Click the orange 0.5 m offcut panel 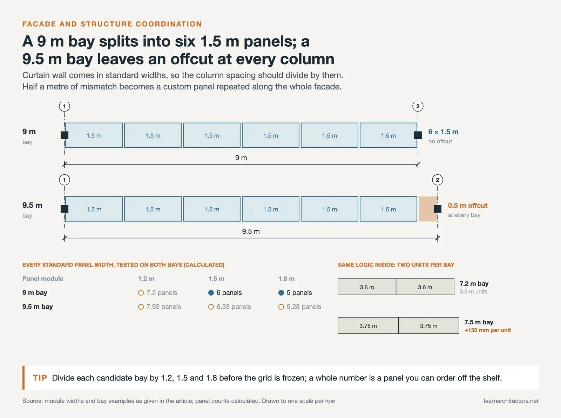(x=427, y=209)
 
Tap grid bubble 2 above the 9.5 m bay (x=437, y=180)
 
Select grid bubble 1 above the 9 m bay (x=65, y=106)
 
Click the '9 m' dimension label (x=241, y=158)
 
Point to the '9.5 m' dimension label (x=251, y=231)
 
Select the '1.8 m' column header (x=286, y=278)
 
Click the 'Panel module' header (x=43, y=278)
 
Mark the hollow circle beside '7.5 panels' (x=141, y=293)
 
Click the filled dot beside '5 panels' (x=281, y=293)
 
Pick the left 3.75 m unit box (x=368, y=325)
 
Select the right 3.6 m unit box (x=425, y=287)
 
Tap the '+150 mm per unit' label (x=488, y=330)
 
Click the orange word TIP (x=40, y=378)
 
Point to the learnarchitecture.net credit (x=511, y=401)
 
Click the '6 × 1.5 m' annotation (x=443, y=132)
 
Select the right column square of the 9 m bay (x=418, y=135)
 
